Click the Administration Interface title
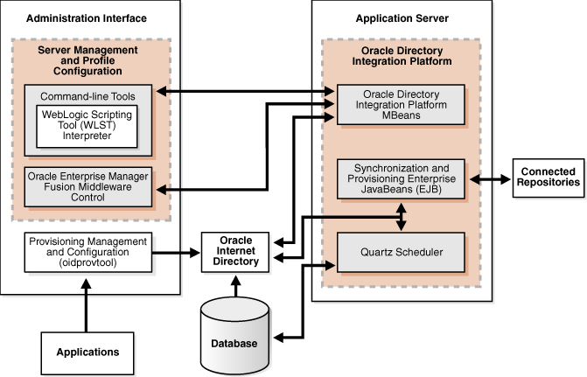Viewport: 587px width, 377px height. pos(87,17)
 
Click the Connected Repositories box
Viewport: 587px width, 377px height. pos(547,177)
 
